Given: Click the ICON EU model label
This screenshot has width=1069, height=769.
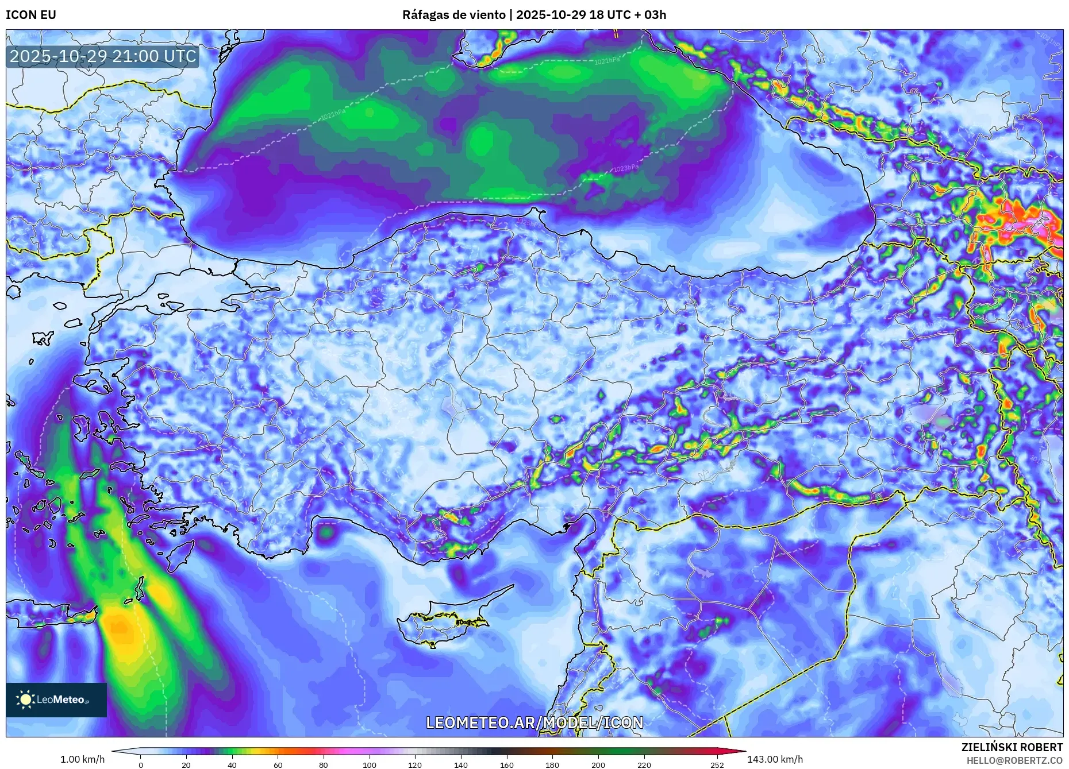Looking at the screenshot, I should [31, 15].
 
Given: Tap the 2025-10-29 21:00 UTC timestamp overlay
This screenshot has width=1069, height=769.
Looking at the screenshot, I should [103, 56].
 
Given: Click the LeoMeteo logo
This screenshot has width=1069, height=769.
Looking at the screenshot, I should [56, 700].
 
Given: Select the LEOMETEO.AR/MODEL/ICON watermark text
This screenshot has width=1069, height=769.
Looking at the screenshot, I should [534, 722].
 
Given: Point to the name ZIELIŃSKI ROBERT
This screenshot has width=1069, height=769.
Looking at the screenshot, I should [1012, 747].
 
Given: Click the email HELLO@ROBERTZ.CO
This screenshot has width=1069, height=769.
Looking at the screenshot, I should [1014, 760].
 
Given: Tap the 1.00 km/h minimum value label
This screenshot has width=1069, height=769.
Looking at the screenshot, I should [82, 759].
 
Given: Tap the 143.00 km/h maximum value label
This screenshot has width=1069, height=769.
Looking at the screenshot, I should [775, 759].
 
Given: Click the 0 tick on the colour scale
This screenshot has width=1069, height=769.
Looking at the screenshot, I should [141, 765].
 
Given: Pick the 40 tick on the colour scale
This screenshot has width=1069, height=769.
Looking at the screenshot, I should [232, 765].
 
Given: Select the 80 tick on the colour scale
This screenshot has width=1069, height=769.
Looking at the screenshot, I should [324, 765].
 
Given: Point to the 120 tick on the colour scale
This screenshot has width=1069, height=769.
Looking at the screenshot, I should [415, 765].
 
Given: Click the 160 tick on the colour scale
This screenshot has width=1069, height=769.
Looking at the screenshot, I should [506, 765].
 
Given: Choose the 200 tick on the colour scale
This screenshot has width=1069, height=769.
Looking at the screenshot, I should [598, 765].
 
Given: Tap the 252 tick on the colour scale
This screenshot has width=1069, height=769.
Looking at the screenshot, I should [717, 765].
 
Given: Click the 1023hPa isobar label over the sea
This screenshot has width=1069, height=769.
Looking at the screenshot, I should [625, 169].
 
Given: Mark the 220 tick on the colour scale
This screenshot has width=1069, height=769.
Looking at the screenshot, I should [644, 765].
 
